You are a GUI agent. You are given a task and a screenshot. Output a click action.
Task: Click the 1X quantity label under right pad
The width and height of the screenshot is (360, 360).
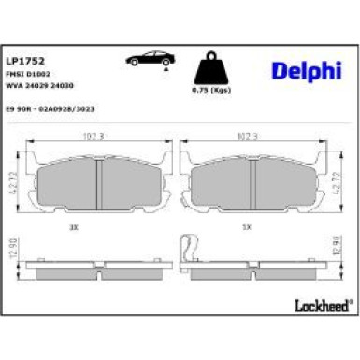click(246, 226)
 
